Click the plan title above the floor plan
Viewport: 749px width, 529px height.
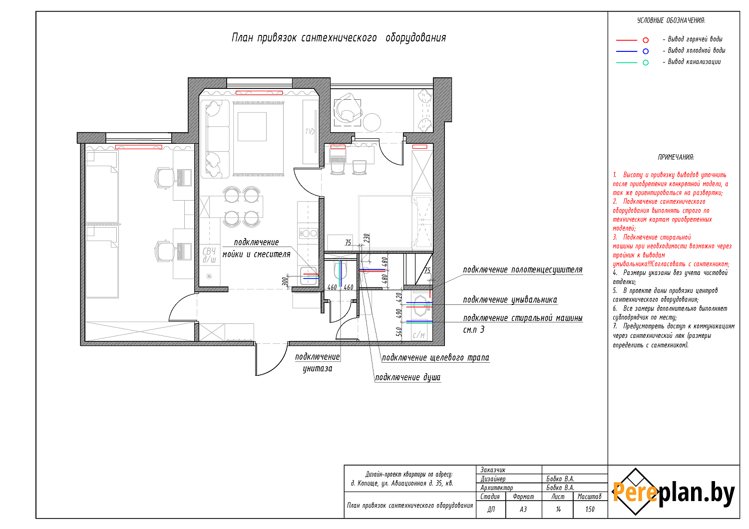click(x=339, y=38)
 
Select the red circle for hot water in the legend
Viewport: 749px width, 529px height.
click(x=646, y=40)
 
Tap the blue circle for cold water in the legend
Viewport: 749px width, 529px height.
click(x=646, y=51)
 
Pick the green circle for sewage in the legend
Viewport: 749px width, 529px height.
click(x=646, y=62)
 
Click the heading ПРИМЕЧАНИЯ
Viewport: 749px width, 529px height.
click(x=676, y=157)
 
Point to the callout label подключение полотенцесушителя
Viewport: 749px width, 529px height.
click(x=523, y=269)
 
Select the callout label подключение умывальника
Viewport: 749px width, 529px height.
click(x=510, y=300)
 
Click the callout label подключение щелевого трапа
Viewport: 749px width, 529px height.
click(x=435, y=357)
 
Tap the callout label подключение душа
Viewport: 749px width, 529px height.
click(x=407, y=377)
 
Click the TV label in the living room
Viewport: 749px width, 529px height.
click(x=310, y=131)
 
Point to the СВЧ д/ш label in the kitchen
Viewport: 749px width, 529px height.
click(x=209, y=255)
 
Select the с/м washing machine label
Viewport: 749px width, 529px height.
click(x=418, y=335)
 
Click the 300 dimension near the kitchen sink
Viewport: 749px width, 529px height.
click(x=285, y=281)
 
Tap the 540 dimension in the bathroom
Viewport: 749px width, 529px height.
click(x=398, y=331)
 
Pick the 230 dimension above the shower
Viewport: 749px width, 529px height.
click(x=367, y=238)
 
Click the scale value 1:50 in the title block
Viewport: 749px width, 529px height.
click(x=590, y=509)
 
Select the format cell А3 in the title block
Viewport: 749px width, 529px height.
click(x=523, y=509)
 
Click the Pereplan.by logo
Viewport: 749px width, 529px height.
click(x=673, y=492)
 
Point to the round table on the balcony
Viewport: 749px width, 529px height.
click(x=372, y=122)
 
